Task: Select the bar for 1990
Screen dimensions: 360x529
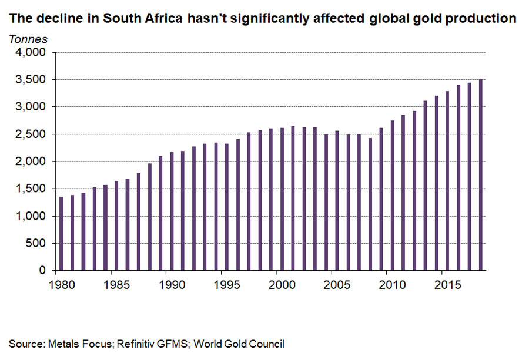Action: (x=172, y=211)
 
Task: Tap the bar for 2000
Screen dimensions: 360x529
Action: (x=282, y=199)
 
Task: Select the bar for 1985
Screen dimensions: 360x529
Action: (x=116, y=226)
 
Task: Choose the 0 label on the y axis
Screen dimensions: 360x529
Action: (x=42, y=271)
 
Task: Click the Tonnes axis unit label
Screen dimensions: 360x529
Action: (x=28, y=39)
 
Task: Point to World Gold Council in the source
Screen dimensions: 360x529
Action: (x=243, y=344)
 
